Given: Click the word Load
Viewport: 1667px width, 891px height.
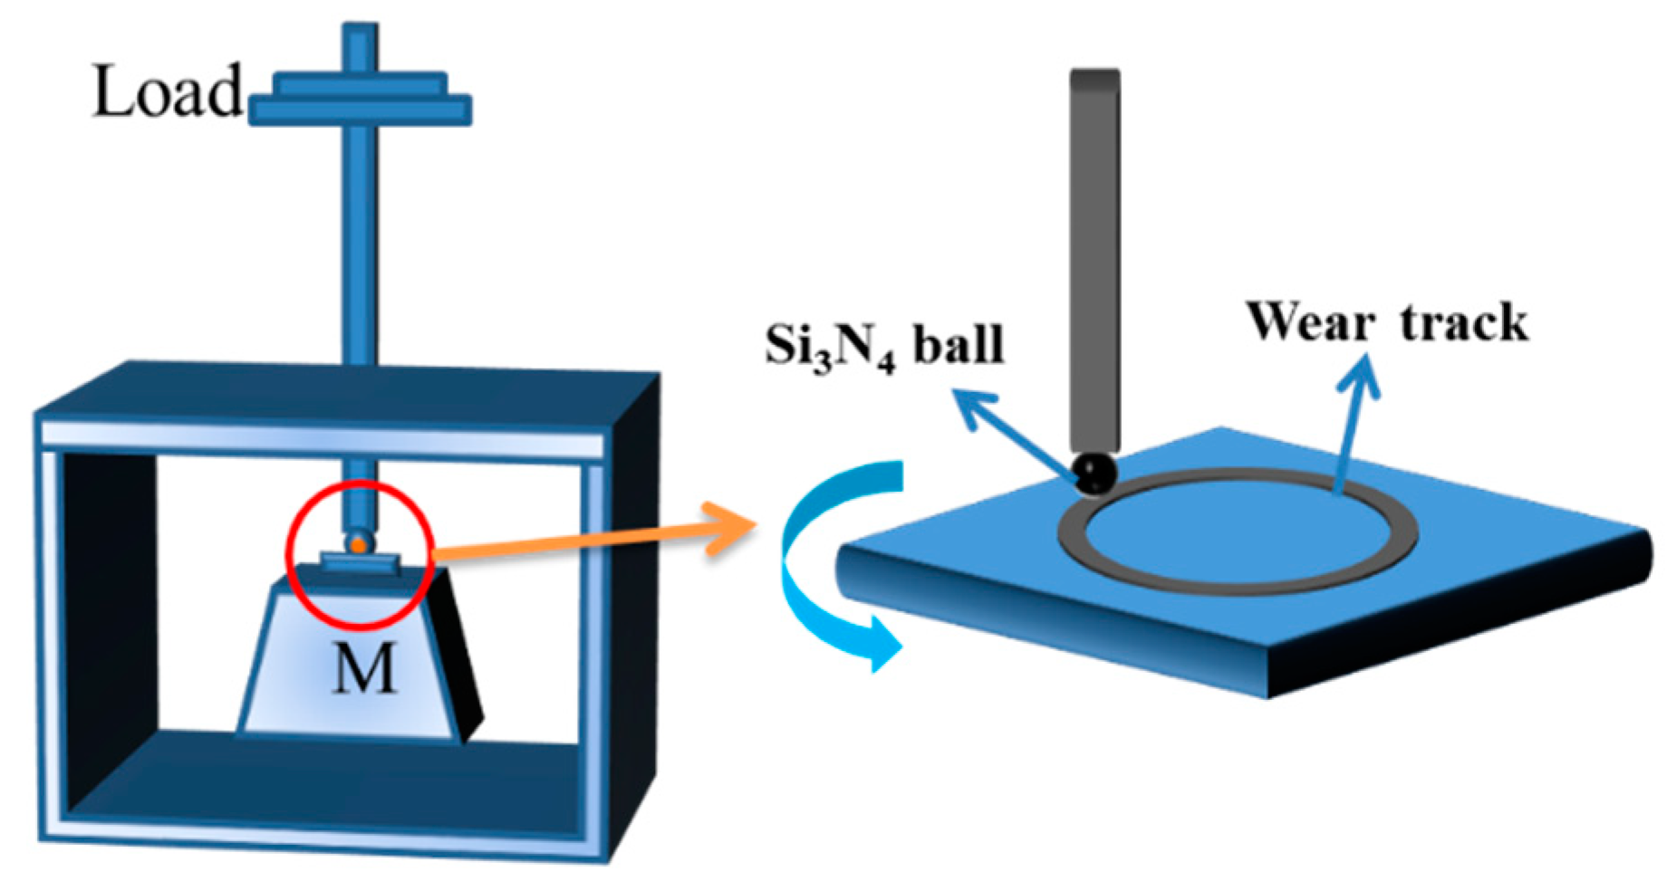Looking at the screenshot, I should pyautogui.click(x=169, y=91).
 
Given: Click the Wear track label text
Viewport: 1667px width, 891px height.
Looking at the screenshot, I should pyautogui.click(x=1386, y=322).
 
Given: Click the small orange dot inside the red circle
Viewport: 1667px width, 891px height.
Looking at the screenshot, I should pyautogui.click(x=359, y=545).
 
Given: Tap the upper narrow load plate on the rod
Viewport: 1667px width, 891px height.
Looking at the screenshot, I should pyautogui.click(x=361, y=84).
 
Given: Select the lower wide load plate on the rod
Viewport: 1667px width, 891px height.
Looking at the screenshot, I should pyautogui.click(x=361, y=110).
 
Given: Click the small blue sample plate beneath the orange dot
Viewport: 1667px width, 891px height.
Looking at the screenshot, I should pyautogui.click(x=360, y=563).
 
